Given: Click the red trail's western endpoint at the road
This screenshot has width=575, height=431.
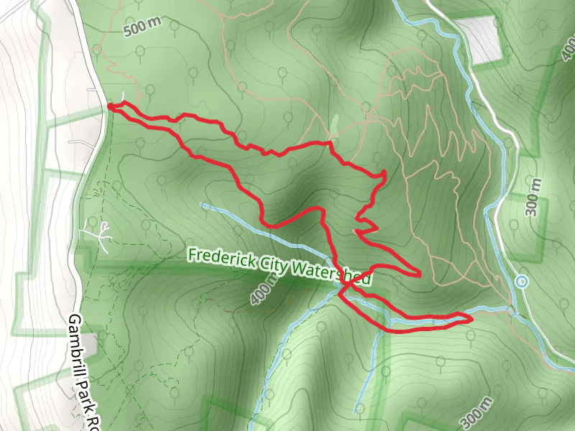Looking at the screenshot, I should (110, 106).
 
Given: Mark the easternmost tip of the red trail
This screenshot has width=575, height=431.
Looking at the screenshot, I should (471, 317).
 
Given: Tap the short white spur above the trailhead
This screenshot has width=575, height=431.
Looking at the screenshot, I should (124, 98).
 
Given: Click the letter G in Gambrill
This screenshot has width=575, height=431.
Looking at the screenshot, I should (75, 320).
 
